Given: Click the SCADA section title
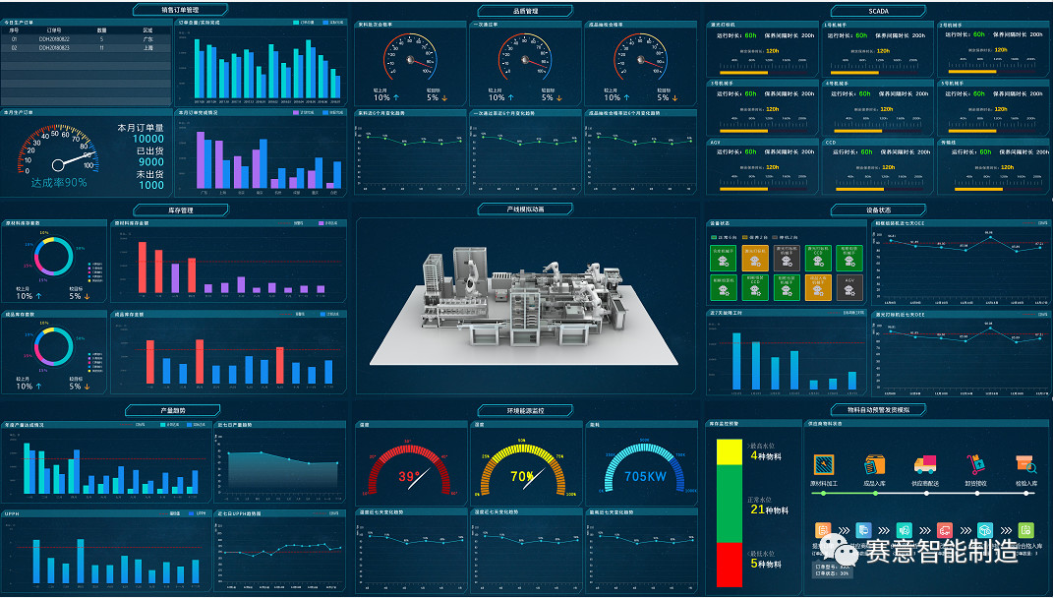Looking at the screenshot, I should tap(878, 11).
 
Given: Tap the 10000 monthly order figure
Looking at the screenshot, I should tap(148, 140).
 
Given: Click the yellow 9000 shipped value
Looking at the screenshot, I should tap(150, 162).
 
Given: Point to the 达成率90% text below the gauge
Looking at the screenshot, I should tap(58, 182).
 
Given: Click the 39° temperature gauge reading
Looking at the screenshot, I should tap(408, 477).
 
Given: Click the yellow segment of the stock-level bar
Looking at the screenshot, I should tap(730, 452).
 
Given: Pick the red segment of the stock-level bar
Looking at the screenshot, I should tap(730, 565).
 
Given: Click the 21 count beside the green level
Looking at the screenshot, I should tap(756, 509).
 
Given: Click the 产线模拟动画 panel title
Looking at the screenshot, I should tap(525, 209).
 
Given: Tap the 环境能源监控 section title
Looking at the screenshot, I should tap(525, 410).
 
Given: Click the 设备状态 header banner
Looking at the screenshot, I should tap(878, 209).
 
